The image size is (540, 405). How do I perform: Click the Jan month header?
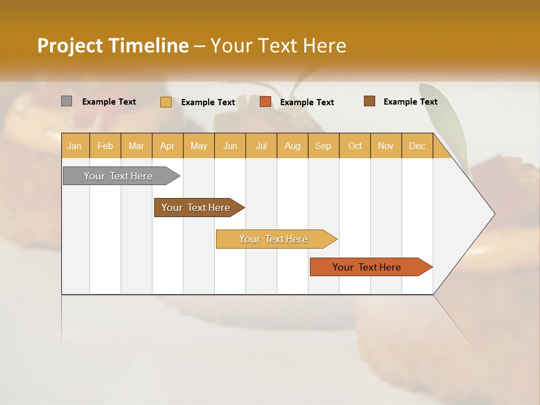pos(74,146)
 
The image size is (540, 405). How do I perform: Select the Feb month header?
pos(105,146)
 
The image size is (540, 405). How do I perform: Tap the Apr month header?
pos(167,146)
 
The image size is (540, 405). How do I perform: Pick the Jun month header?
pos(230,146)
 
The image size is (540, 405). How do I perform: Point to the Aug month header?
pos(292,146)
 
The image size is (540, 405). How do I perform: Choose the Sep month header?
pos(323,146)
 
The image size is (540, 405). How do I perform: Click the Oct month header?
pos(355,146)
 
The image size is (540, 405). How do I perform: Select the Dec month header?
pos(417,146)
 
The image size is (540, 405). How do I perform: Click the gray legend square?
pos(67,101)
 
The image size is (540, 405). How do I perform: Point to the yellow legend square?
pos(166,102)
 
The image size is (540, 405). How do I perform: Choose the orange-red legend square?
pos(265,102)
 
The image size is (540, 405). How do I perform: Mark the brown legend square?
pos(370,101)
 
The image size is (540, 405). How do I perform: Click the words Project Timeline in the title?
pos(113,46)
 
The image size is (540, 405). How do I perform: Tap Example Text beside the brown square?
pos(410,102)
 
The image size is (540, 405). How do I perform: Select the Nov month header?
pos(386,146)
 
